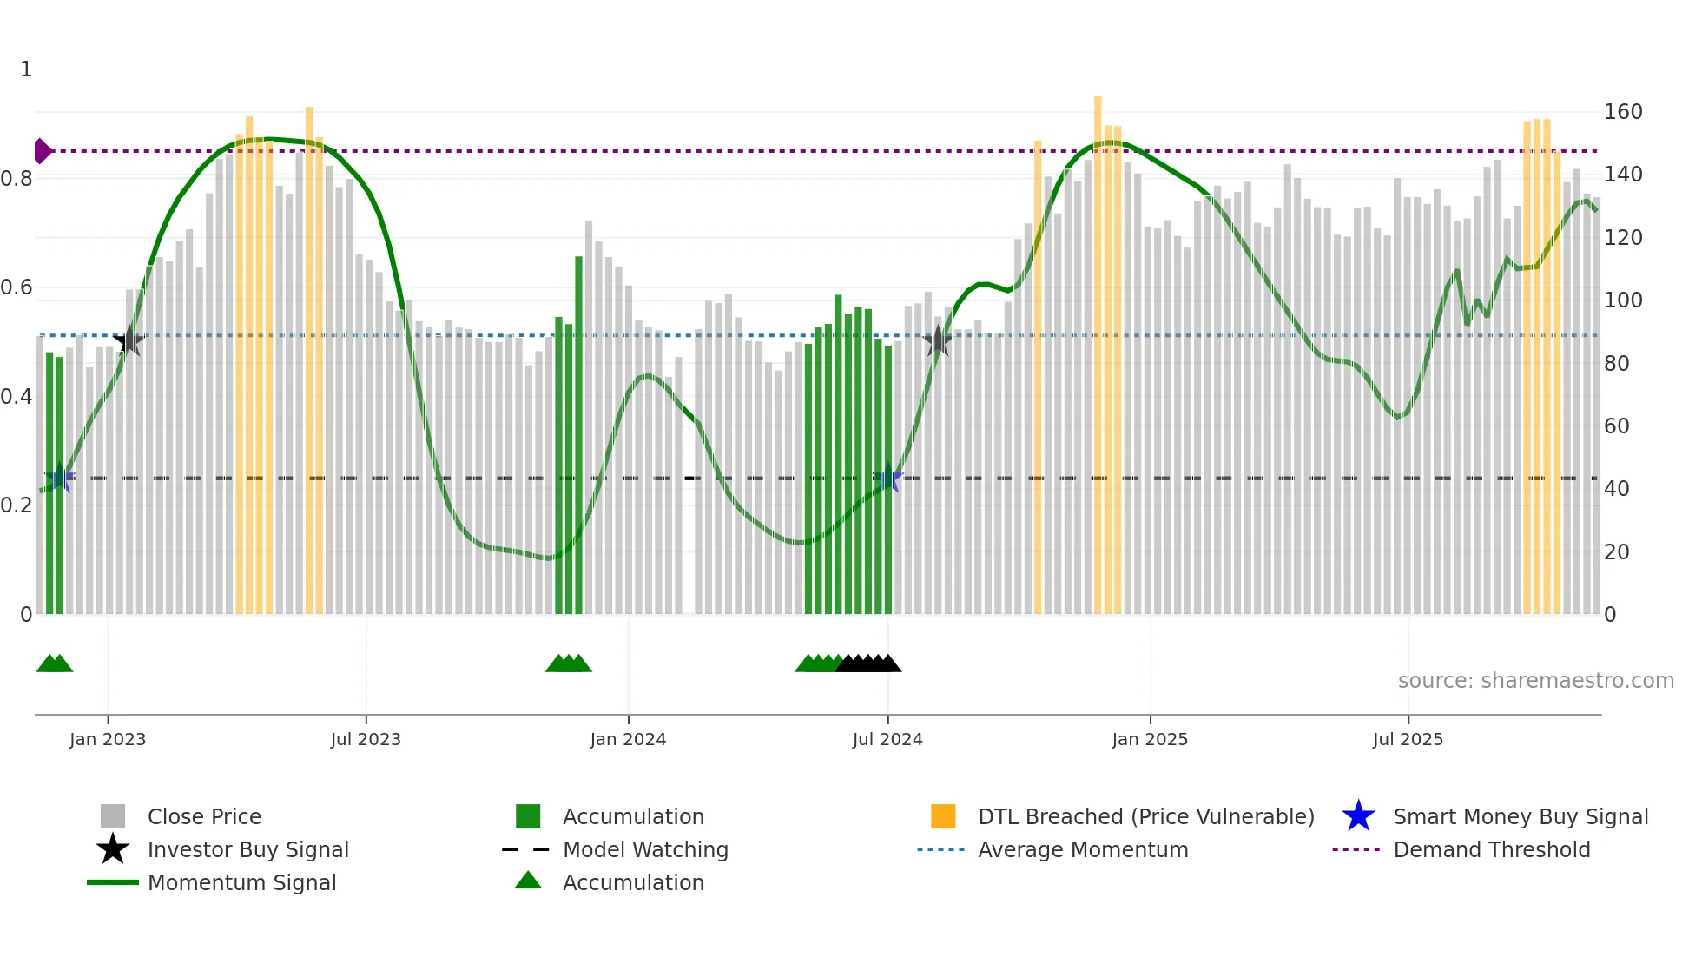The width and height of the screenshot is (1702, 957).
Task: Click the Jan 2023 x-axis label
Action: click(x=108, y=740)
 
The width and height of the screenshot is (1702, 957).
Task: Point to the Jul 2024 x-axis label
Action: click(x=887, y=740)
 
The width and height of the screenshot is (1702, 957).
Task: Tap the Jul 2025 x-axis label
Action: click(x=1408, y=740)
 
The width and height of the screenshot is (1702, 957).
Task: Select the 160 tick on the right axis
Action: click(x=1623, y=112)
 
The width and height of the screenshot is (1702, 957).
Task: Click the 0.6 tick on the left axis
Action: click(x=16, y=287)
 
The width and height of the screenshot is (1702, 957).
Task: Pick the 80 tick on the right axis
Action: click(x=1616, y=364)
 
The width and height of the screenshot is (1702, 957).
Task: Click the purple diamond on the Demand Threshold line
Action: click(x=42, y=151)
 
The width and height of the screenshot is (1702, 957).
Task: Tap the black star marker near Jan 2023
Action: click(x=129, y=340)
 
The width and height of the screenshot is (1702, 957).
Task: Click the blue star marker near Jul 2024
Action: click(x=888, y=479)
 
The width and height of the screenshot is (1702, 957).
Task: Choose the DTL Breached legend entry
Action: click(x=1145, y=817)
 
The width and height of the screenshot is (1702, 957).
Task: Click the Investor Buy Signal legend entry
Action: click(x=247, y=850)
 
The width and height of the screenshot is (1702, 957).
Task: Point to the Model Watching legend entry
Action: click(x=644, y=850)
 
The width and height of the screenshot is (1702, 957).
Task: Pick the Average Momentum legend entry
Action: click(x=1082, y=850)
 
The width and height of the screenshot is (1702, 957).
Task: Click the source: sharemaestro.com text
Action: click(x=1535, y=681)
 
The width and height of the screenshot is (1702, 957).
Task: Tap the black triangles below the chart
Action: click(x=868, y=663)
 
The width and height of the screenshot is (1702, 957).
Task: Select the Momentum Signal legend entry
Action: click(x=241, y=883)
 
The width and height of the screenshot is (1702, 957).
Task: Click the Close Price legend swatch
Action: click(x=113, y=817)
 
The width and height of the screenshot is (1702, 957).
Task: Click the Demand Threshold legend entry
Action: click(x=1491, y=850)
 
